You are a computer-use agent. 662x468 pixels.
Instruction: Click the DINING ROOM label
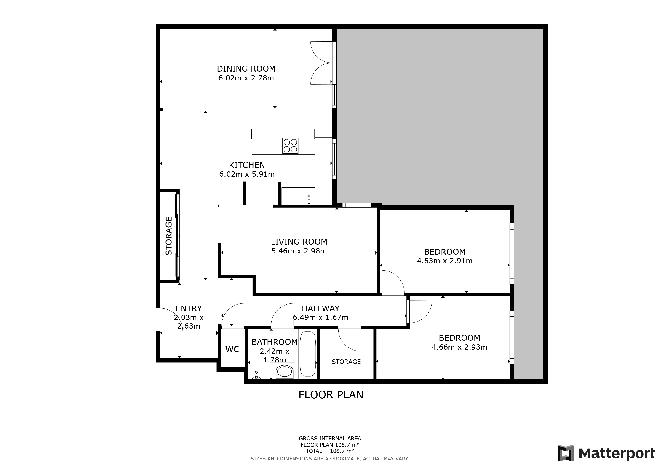[246, 69]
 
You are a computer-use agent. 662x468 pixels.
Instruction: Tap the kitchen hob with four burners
[290, 146]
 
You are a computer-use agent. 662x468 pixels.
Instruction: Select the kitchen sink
[309, 196]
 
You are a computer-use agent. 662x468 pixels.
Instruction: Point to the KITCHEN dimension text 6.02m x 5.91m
[247, 174]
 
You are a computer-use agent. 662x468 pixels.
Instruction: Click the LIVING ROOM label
[299, 242]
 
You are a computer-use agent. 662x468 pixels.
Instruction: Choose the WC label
[232, 349]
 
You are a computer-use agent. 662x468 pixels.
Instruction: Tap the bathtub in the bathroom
[308, 354]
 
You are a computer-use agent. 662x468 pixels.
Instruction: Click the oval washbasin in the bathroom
[285, 372]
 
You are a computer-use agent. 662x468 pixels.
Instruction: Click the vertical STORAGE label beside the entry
[169, 236]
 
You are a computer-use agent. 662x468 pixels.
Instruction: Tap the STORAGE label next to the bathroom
[346, 362]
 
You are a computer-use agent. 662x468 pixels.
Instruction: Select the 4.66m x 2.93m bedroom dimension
[459, 347]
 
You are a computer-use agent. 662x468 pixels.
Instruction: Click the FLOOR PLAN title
[331, 395]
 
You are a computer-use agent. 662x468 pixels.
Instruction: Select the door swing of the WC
[233, 315]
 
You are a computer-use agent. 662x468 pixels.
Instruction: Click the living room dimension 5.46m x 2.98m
[299, 251]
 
